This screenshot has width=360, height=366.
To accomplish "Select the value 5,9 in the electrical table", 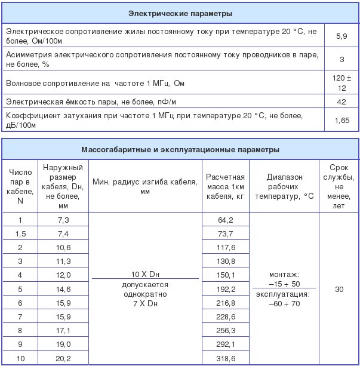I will [341, 37].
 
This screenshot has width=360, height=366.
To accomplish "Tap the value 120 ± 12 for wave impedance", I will [341, 82].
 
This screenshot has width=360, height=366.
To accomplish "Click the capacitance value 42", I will [341, 102].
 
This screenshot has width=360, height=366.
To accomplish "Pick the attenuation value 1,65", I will [341, 120].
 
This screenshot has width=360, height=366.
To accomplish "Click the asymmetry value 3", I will [341, 59].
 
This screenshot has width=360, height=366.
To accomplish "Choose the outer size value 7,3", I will [64, 220].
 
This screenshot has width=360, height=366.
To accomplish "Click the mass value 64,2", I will [225, 220].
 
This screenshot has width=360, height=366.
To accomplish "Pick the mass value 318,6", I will [225, 358].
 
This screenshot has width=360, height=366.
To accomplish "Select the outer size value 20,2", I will [64, 358].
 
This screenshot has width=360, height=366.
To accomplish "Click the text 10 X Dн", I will [143, 273].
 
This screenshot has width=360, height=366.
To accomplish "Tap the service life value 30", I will [339, 289].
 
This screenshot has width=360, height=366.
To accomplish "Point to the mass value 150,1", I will [225, 275].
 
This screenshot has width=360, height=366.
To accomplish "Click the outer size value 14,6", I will [64, 289].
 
